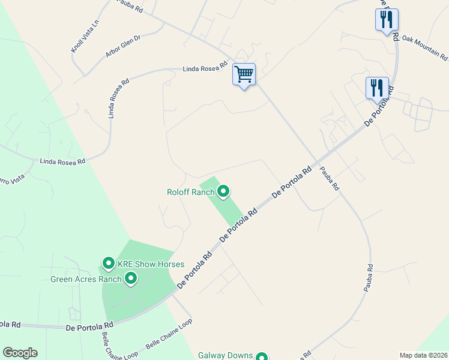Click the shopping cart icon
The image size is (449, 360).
coord(244,75)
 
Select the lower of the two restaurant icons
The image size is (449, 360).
coord(377,88)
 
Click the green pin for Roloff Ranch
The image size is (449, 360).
coord(223,191)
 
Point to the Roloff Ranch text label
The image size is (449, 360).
coord(190,193)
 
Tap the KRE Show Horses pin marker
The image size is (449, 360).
coord(109,263)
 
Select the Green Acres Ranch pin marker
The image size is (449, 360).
coord(130,278)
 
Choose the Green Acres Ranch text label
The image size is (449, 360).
coord(86,279)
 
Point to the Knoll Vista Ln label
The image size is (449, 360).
coord(84,37)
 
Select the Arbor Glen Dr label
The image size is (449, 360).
coord(122,46)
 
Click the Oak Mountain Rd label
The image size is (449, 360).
coord(424,48)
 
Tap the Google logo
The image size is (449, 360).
coord(20,353)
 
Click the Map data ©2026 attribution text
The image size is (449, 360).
coord(423,355)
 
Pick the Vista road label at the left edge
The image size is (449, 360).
coord(12,179)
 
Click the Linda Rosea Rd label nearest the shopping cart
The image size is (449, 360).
coord(205,68)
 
